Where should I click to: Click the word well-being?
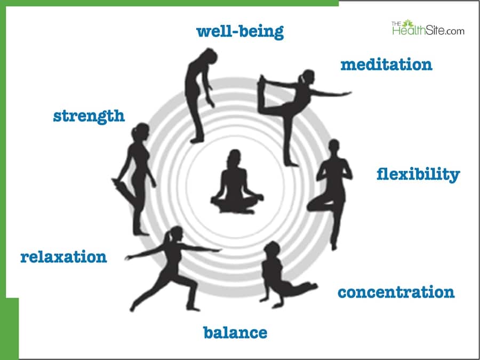pyautogui.click(x=239, y=31)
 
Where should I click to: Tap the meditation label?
pyautogui.click(x=386, y=65)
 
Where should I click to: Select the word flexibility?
pyautogui.click(x=418, y=174)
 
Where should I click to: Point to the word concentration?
pyautogui.click(x=396, y=292)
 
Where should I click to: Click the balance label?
pyautogui.click(x=235, y=333)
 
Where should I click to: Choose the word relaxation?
pyautogui.click(x=63, y=257)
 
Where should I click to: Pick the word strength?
pyautogui.click(x=89, y=115)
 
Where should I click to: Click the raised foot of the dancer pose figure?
pyautogui.click(x=262, y=80)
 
